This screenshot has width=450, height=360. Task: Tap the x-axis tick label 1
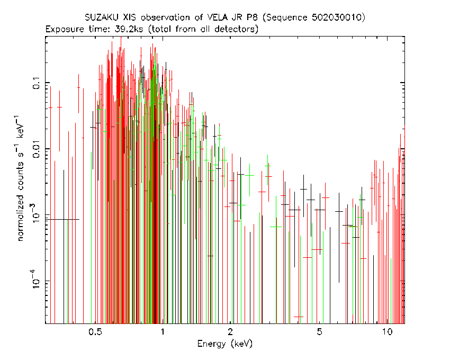click(x=163, y=332)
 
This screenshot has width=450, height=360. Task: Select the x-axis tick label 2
click(x=230, y=332)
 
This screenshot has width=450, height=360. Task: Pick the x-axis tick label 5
click(x=319, y=332)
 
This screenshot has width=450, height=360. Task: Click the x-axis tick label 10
click(x=387, y=332)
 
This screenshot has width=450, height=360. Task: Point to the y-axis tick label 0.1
click(x=37, y=83)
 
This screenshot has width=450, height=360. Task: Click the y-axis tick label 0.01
click(x=37, y=148)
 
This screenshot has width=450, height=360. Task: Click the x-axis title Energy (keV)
click(x=225, y=344)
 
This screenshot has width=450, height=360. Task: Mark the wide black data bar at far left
click(x=62, y=219)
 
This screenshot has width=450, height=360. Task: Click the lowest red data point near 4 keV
click(x=299, y=317)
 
